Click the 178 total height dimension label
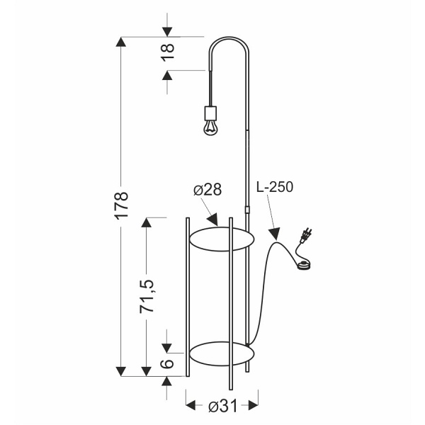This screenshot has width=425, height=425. tap(121, 205)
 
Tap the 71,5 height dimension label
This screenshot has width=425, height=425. tap(147, 296)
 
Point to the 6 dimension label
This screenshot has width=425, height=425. tap(167, 363)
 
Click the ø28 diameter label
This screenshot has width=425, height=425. tap(208, 189)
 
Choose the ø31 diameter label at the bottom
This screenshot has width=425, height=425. tap(223, 407)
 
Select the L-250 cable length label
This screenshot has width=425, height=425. tap(275, 187)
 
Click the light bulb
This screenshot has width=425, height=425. tap(210, 127)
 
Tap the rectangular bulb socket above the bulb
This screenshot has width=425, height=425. tap(210, 113)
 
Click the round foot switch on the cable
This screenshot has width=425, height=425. tap(304, 266)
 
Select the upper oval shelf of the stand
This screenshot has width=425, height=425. tap(222, 239)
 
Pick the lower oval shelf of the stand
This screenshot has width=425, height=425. tap(222, 353)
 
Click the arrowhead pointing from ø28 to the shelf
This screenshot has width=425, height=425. tap(213, 220)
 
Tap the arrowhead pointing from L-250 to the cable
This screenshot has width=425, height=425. tap(274, 233)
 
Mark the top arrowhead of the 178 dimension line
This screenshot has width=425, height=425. tap(121, 42)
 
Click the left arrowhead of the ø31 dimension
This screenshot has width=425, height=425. tap(191, 406)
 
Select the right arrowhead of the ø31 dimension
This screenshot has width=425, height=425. tap(253, 406)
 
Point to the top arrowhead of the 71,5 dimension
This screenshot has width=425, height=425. tap(147, 223)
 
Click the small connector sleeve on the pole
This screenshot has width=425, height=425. tap(247, 210)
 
